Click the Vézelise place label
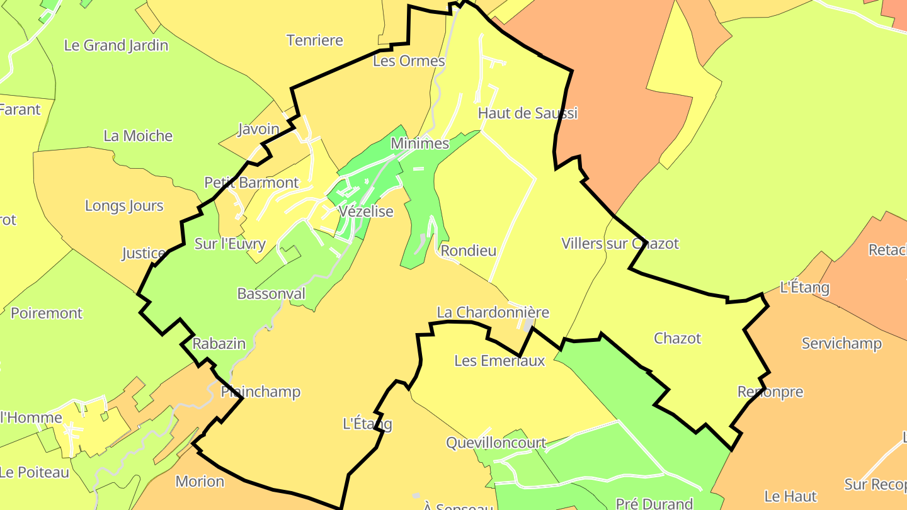click(365, 212)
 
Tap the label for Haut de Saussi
click(527, 113)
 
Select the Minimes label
click(419, 144)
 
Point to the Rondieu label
click(468, 251)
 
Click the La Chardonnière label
click(493, 312)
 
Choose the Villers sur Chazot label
click(620, 244)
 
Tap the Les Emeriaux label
click(499, 361)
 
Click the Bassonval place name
click(271, 293)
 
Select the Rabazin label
click(219, 344)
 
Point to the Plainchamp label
click(261, 392)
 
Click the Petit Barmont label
click(251, 183)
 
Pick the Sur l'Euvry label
click(230, 244)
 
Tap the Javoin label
click(258, 129)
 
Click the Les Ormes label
click(409, 61)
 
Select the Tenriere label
click(314, 40)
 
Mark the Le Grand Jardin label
click(117, 45)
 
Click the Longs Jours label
click(124, 206)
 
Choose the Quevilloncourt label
click(496, 443)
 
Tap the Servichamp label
click(841, 344)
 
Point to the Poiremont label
click(47, 313)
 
